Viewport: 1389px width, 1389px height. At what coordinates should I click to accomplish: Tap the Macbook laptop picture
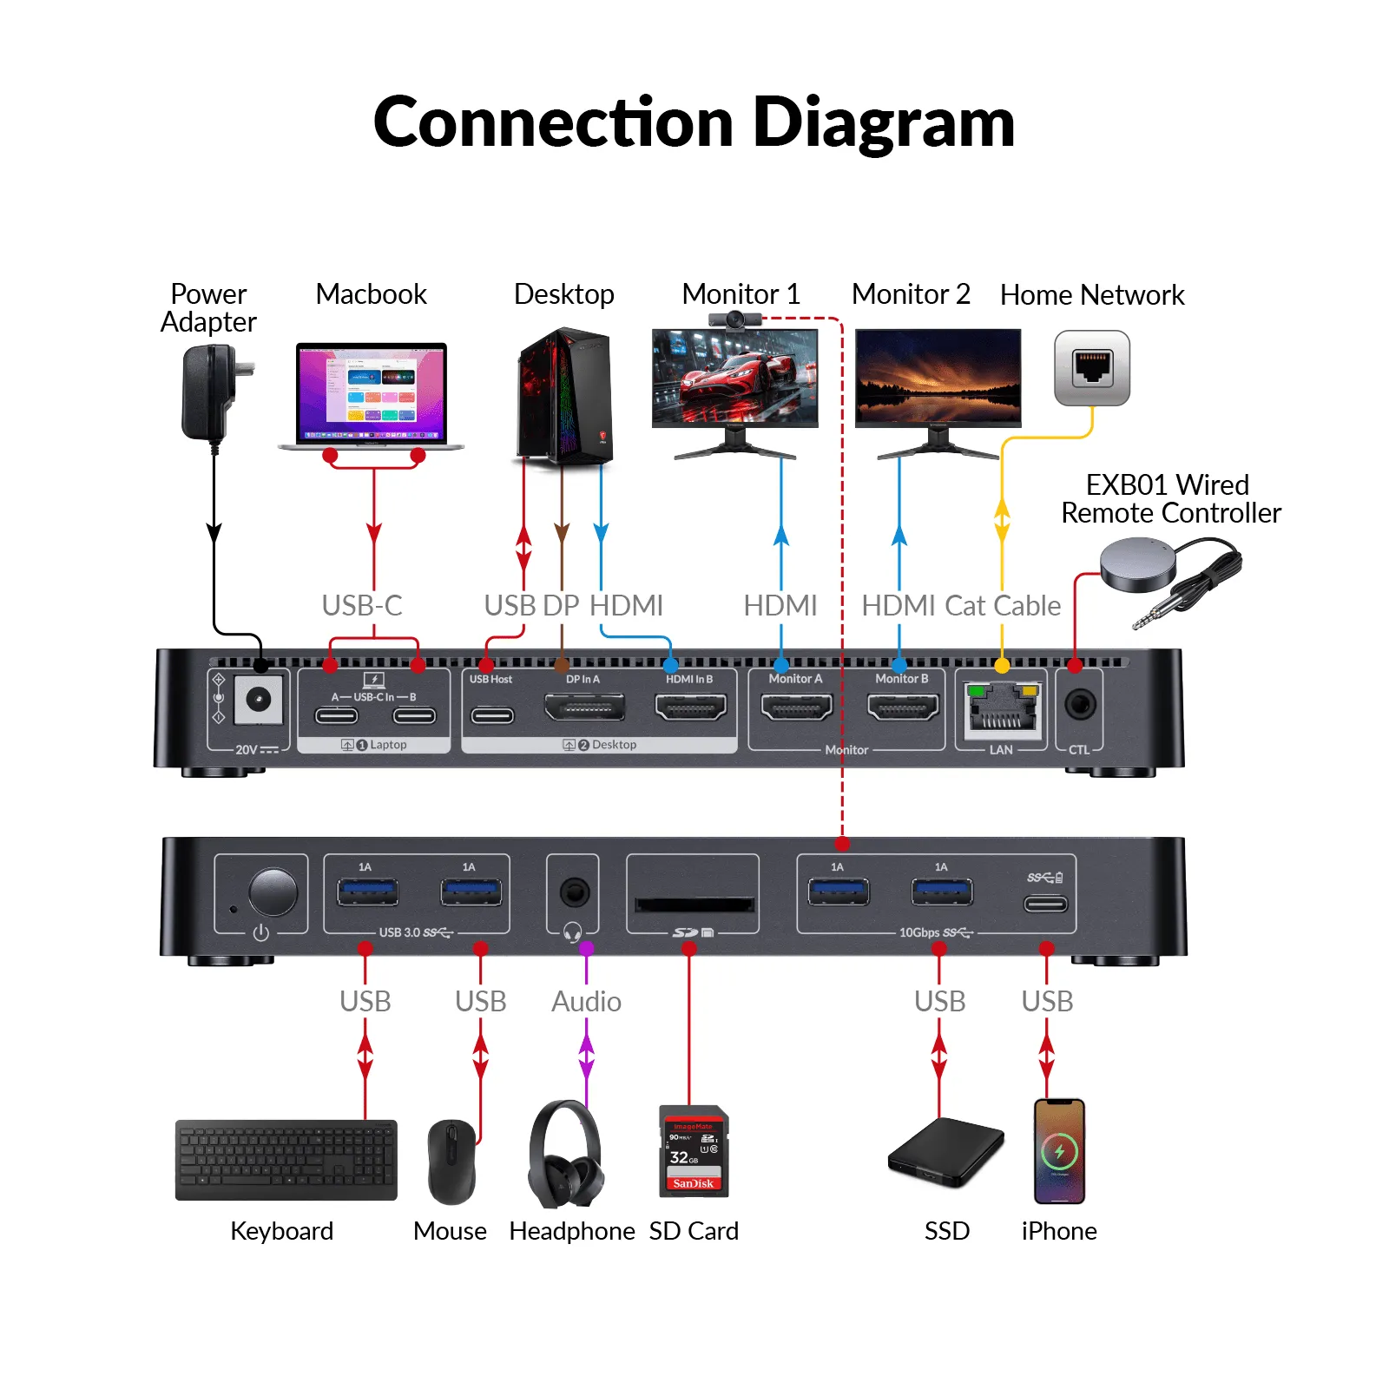pyautogui.click(x=372, y=395)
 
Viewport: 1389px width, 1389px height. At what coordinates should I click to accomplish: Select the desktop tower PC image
pyautogui.click(x=565, y=396)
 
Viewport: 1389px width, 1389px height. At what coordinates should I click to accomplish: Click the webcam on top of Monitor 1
pyautogui.click(x=735, y=319)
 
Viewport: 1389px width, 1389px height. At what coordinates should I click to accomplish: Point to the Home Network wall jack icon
pyautogui.click(x=1092, y=368)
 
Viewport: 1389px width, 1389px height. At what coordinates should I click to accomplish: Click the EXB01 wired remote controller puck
pyautogui.click(x=1138, y=563)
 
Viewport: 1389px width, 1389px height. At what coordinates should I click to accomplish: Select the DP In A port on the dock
pyautogui.click(x=584, y=708)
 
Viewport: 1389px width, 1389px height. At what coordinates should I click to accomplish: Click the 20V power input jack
pyautogui.click(x=259, y=700)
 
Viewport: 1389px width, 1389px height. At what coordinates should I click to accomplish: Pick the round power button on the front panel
pyautogui.click(x=273, y=892)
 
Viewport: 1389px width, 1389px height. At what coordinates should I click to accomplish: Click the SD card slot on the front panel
pyautogui.click(x=694, y=905)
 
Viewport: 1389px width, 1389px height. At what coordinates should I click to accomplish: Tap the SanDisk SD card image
pyautogui.click(x=694, y=1151)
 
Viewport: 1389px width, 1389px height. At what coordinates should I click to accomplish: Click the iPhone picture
pyautogui.click(x=1059, y=1151)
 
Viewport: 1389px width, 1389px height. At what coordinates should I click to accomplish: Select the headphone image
pyautogui.click(x=567, y=1155)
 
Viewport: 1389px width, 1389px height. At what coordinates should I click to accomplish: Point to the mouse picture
pyautogui.click(x=451, y=1162)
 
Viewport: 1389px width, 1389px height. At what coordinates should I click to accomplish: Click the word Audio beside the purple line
pyautogui.click(x=586, y=1002)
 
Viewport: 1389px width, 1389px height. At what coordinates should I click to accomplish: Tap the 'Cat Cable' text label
pyautogui.click(x=1003, y=606)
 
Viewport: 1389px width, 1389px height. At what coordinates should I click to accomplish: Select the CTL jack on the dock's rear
pyautogui.click(x=1080, y=704)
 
